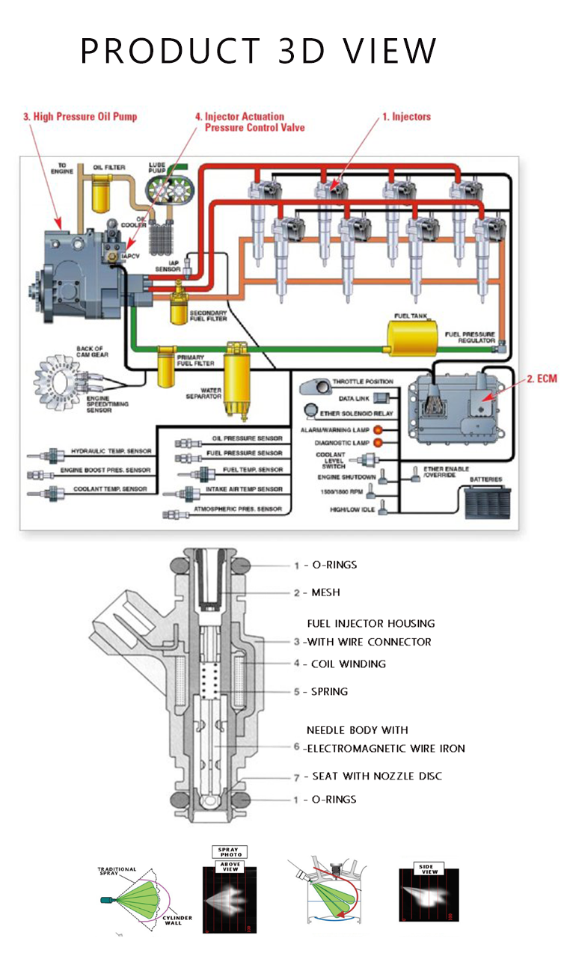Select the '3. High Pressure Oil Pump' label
[x=80, y=117]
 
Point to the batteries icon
[x=485, y=503]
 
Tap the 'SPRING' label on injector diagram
[x=329, y=691]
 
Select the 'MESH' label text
[x=325, y=592]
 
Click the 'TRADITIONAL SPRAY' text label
[x=117, y=872]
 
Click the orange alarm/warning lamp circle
[x=378, y=429]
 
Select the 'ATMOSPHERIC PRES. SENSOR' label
[x=238, y=509]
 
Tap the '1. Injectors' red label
[x=406, y=117]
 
